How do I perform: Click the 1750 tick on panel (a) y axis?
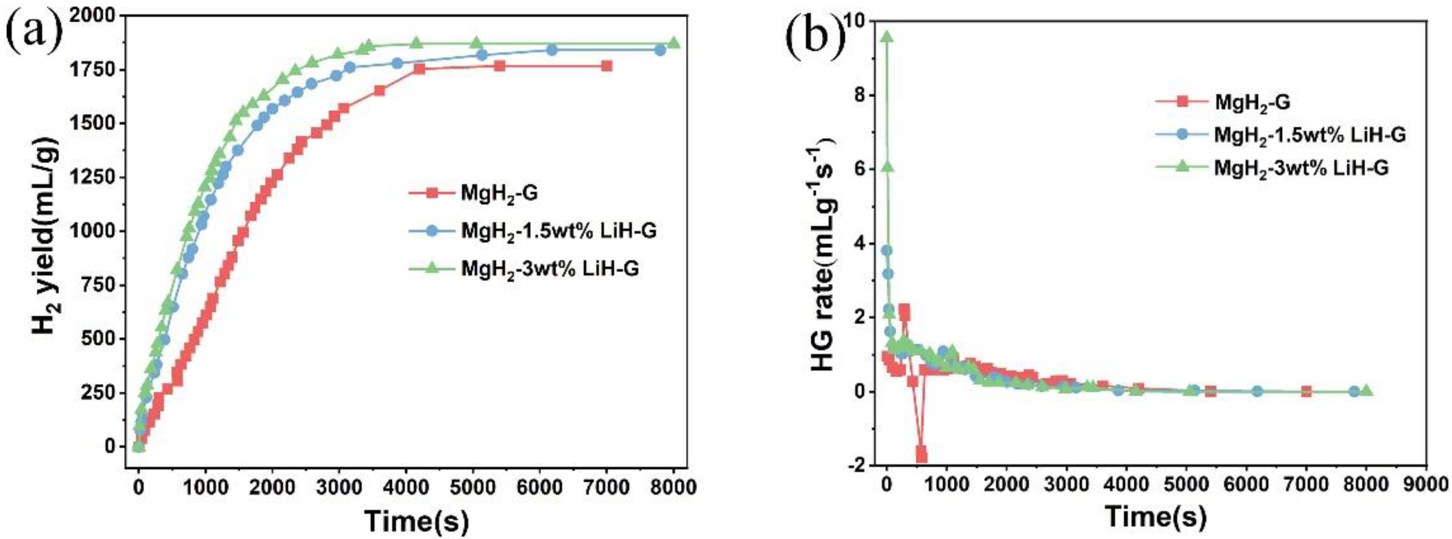[x=98, y=70]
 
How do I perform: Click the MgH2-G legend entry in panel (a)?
[x=499, y=193]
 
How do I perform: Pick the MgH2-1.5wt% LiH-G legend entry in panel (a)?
[x=558, y=231]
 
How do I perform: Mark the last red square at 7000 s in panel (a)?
[x=607, y=66]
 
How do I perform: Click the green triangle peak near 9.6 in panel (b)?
[x=887, y=37]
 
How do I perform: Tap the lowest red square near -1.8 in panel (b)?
[x=922, y=456]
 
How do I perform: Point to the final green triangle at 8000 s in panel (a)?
[x=673, y=43]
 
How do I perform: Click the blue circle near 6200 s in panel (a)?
[x=552, y=50]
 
